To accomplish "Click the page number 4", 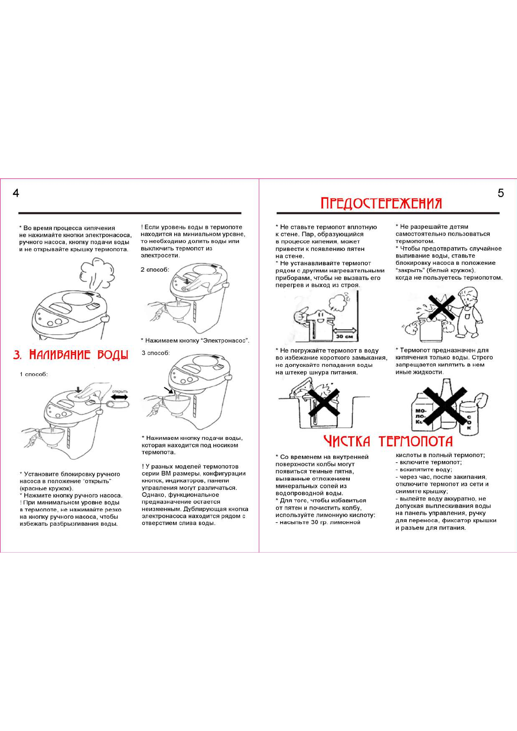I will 16,193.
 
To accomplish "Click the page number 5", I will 500,193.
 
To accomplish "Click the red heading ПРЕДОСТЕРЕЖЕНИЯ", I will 381,203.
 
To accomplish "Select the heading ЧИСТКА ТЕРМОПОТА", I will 388,441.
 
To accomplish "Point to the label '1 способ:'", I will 33,374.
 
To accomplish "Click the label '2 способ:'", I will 155,270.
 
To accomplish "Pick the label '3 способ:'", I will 156,353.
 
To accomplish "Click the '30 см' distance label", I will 345,336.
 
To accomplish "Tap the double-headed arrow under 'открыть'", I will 119,397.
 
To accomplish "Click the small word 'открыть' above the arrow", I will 120,391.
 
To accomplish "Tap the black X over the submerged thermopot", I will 323,402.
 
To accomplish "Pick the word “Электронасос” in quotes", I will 225,341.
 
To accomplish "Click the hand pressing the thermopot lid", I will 93,389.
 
